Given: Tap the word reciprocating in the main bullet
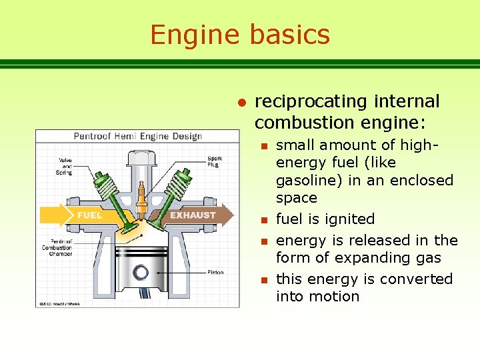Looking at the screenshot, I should tap(311, 101).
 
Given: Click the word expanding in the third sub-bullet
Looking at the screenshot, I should tap(364, 257).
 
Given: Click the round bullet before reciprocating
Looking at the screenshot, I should tap(243, 102).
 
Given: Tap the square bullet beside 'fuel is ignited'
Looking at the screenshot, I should tap(264, 219).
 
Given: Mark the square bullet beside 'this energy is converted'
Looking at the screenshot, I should tap(264, 279).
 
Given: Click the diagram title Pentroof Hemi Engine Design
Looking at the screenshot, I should tap(137, 136).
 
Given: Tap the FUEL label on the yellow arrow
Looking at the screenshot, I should tap(90, 215).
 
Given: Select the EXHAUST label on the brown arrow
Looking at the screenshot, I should tap(193, 215).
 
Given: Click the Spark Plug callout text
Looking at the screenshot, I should tap(215, 162).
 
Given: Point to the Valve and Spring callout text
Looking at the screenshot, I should tap(65, 166).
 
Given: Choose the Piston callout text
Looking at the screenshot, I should tap(215, 272).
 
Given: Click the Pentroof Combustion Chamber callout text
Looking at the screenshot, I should tap(56, 247).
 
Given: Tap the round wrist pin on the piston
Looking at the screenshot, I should tap(141, 272).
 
